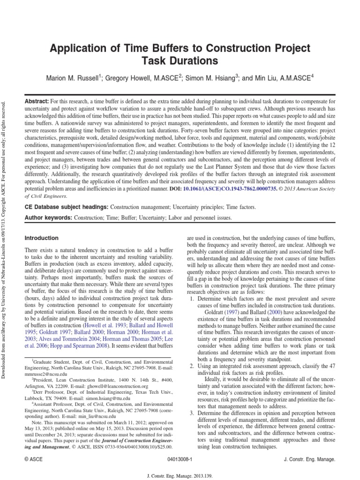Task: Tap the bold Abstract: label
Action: (x=36, y=101)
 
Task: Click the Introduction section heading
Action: (x=42, y=238)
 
